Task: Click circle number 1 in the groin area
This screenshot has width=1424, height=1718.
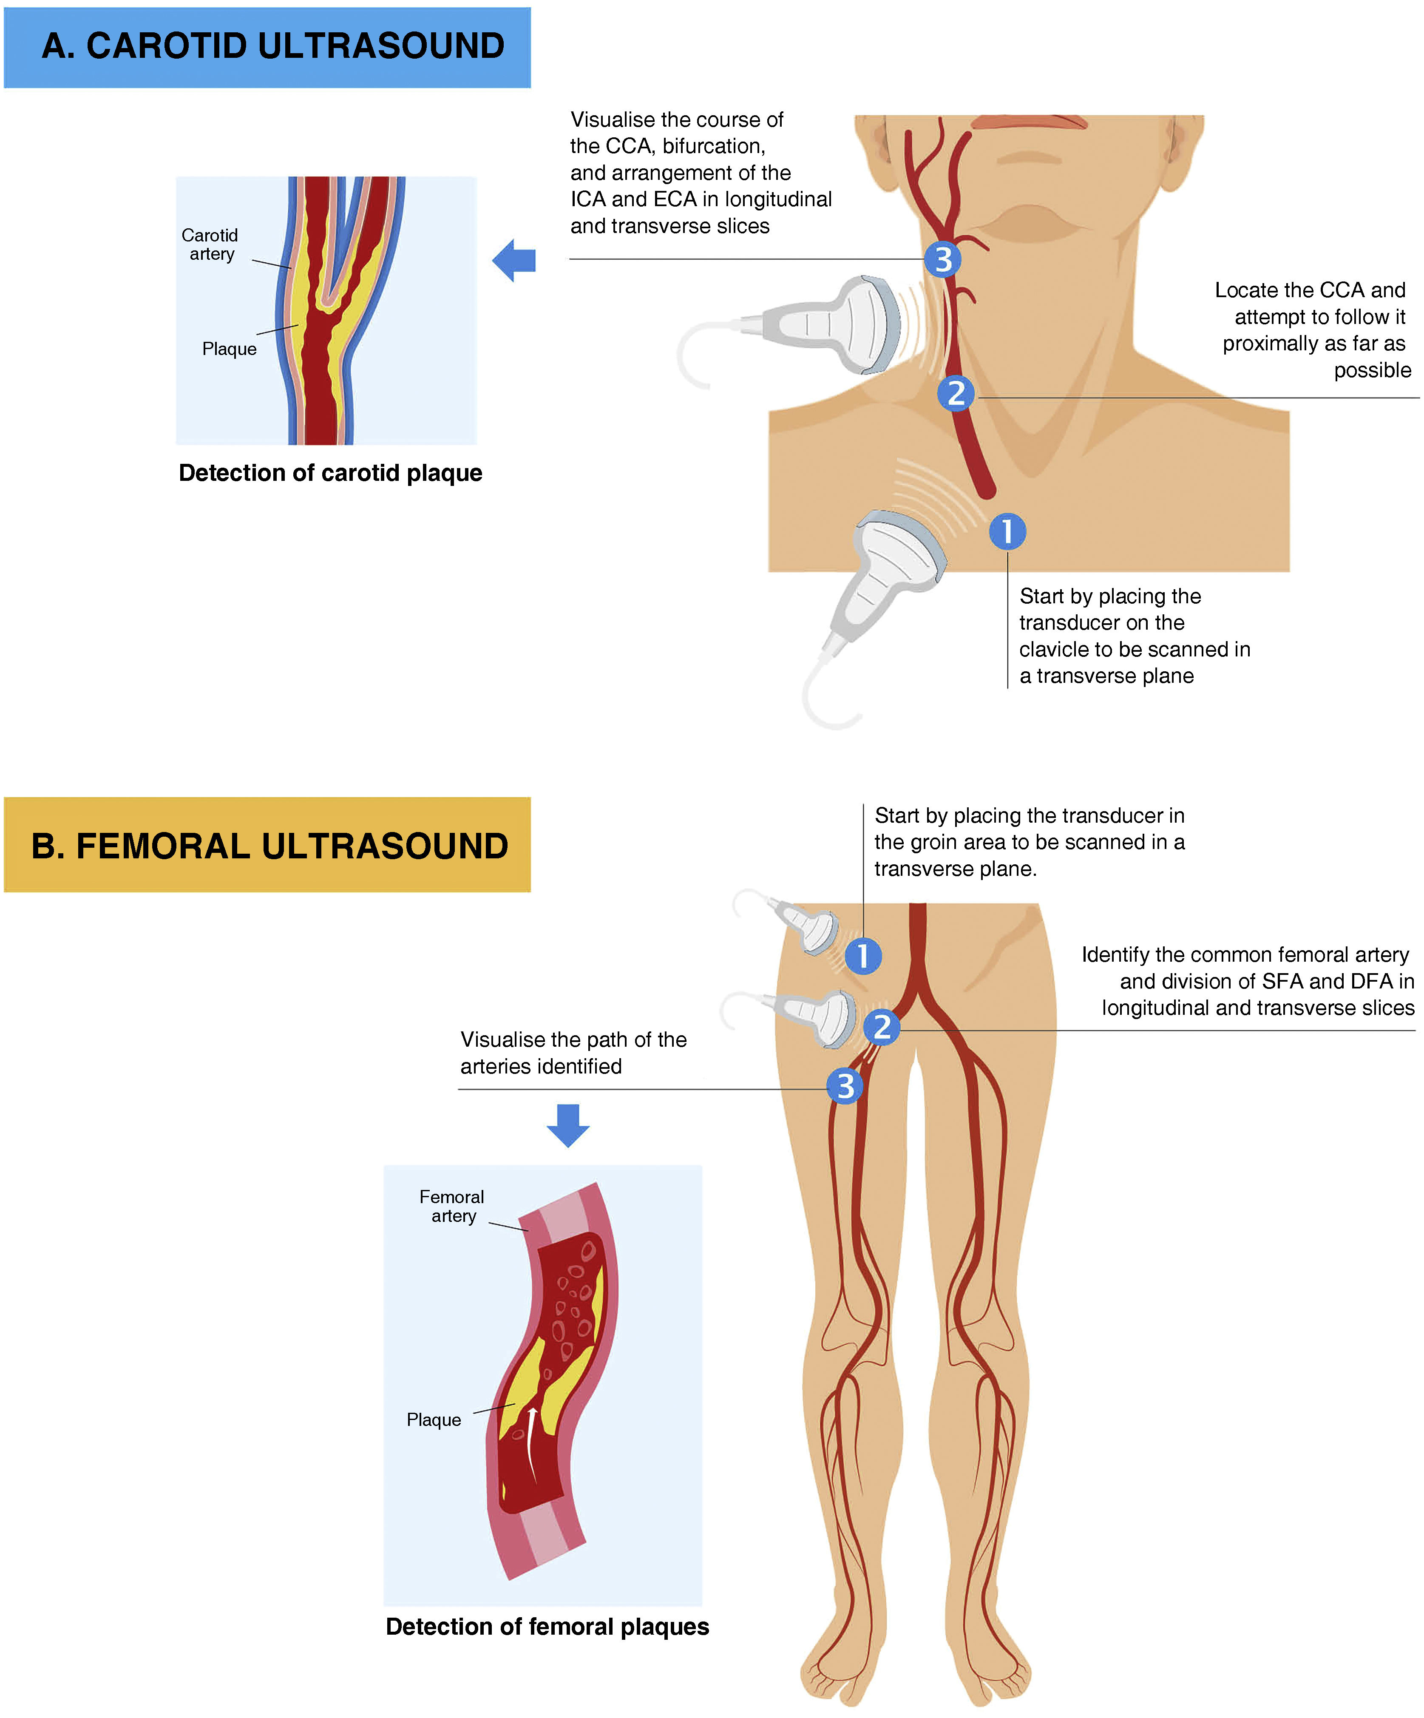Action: pos(863,956)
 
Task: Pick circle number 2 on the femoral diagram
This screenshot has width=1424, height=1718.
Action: pos(882,1027)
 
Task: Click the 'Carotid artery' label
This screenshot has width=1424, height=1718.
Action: pos(210,244)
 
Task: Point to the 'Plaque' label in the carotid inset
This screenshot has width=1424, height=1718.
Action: pos(229,349)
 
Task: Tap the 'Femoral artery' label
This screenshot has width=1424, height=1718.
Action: pos(451,1207)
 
